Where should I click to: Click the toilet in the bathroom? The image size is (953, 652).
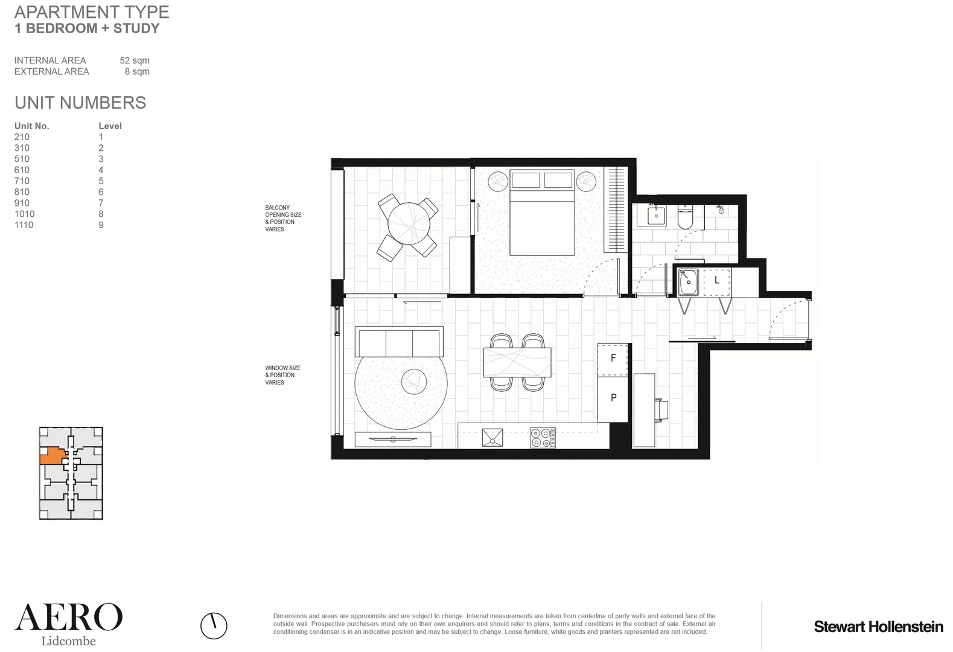point(686,217)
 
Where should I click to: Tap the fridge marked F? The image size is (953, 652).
point(613,358)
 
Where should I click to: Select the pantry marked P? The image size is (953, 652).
point(613,397)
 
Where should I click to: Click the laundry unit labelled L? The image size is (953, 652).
point(716,280)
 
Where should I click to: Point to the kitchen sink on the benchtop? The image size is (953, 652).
point(492,438)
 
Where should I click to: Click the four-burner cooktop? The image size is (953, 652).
point(543,438)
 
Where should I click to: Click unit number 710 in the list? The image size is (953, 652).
point(22,181)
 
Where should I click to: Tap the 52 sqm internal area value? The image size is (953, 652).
point(134,60)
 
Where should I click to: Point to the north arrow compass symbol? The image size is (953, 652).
point(214,625)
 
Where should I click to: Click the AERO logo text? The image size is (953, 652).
point(68,618)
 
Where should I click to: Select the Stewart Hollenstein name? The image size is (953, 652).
point(878,627)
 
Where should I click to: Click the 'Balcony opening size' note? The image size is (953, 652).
point(282,219)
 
